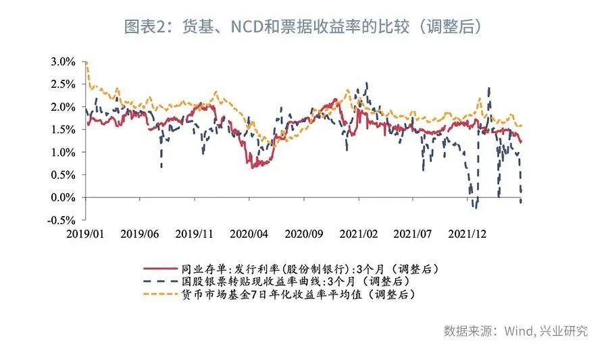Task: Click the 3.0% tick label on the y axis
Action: click(x=64, y=61)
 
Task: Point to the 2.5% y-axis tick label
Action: click(x=64, y=84)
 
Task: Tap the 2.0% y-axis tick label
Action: click(x=64, y=107)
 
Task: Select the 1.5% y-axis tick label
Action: click(x=64, y=130)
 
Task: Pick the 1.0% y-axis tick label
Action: click(x=64, y=153)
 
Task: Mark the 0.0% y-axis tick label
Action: click(x=64, y=198)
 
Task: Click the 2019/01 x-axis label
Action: click(x=85, y=234)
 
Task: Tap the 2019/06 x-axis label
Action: click(x=140, y=234)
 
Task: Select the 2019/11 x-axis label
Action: click(x=195, y=234)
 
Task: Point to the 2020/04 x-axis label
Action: click(x=249, y=234)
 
